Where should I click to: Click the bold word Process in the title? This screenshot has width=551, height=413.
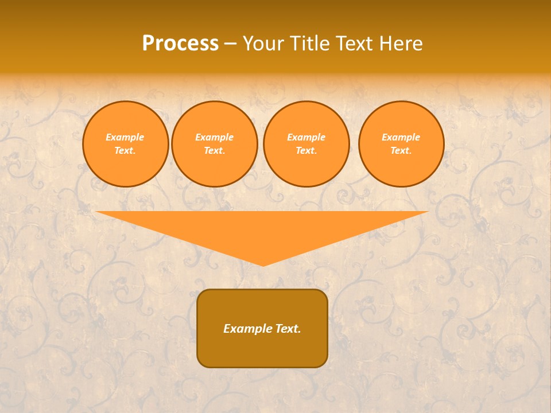pos(180,44)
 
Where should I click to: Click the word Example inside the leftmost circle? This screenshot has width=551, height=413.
pos(125,137)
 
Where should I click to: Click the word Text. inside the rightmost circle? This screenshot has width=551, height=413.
pos(401,150)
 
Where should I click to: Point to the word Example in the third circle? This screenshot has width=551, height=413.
pos(306,137)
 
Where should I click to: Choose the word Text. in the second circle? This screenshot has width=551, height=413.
pos(214,150)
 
